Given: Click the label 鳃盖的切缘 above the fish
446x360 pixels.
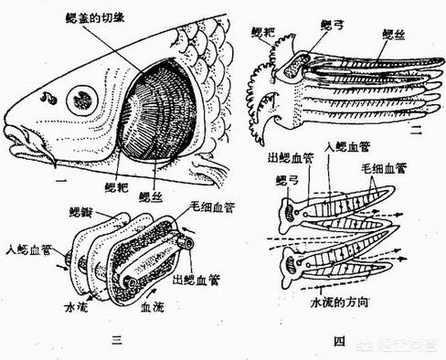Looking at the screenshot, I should [107, 19].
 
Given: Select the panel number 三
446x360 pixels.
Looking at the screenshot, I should [116, 341].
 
